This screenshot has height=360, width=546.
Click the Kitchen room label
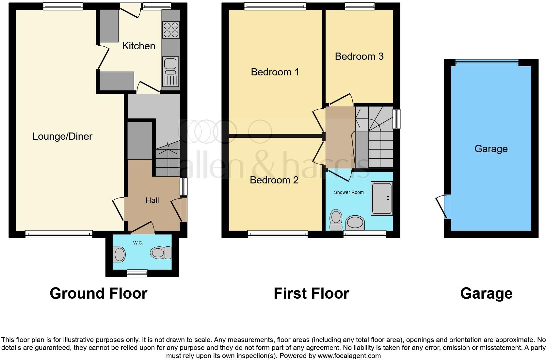[138, 46]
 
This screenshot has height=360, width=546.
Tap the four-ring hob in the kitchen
[171, 30]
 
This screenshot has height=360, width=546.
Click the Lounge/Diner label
[62, 136]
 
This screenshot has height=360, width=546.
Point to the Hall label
[152, 200]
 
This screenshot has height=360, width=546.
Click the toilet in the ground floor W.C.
[161, 253]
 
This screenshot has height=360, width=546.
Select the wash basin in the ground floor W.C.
[119, 254]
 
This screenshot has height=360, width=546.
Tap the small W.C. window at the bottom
[137, 273]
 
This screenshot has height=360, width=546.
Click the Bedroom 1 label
[275, 72]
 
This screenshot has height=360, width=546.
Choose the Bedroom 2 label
[274, 180]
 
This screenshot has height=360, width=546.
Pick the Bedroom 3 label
[359, 56]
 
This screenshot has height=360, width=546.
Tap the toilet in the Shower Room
[336, 220]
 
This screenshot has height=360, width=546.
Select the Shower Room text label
[349, 192]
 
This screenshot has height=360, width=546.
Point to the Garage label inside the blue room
[491, 149]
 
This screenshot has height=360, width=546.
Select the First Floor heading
[311, 293]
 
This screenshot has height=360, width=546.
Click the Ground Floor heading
[98, 293]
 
